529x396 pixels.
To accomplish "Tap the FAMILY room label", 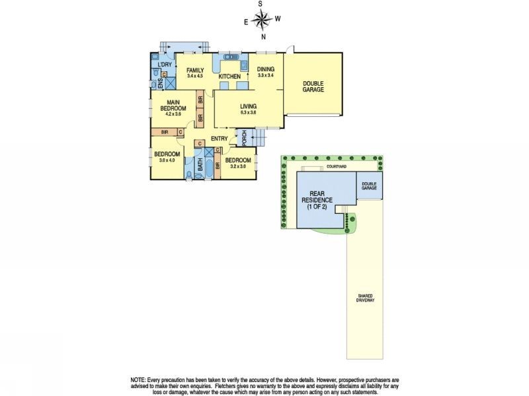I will [194, 70].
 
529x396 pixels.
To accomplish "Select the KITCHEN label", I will [229, 77].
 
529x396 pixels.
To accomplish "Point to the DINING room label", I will [265, 69].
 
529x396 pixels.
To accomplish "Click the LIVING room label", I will [248, 106].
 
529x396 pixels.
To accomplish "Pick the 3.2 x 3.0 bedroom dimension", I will [238, 166].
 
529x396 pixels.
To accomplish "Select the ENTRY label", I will [219, 138].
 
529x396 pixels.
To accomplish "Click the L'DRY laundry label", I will [165, 65].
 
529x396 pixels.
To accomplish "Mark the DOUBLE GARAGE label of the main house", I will [313, 86].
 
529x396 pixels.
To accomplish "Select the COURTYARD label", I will [336, 167].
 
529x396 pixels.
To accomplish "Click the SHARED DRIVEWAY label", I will [365, 298].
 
